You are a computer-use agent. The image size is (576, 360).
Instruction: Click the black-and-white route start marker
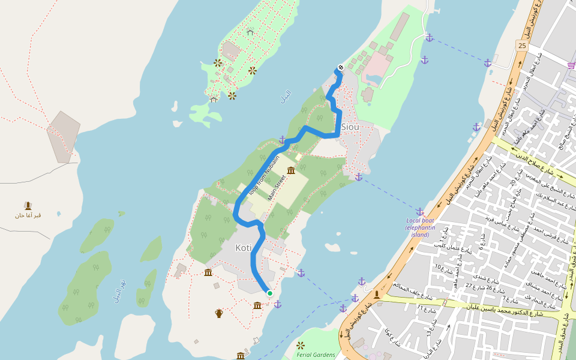[x=340, y=68]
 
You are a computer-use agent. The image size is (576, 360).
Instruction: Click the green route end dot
[x=270, y=293]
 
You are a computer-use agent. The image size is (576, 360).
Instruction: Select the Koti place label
[x=244, y=248]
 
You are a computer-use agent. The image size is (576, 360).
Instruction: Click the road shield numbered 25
[x=521, y=45]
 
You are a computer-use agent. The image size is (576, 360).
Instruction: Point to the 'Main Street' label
[x=275, y=187]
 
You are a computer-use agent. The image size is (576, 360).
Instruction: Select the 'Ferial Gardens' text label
[x=316, y=355]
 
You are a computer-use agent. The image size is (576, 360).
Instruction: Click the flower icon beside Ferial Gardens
[x=301, y=345]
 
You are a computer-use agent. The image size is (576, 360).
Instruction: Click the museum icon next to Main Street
[x=291, y=171]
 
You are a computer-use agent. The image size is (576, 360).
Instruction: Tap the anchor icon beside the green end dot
[x=278, y=304]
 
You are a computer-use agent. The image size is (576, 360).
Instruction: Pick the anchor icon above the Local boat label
[x=420, y=211]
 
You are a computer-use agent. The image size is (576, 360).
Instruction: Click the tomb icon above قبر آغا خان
[x=28, y=206]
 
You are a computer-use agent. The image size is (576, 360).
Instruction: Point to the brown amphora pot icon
[x=220, y=313]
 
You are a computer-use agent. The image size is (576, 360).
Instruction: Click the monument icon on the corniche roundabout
[x=377, y=295]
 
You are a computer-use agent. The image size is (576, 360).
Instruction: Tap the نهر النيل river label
[x=120, y=290]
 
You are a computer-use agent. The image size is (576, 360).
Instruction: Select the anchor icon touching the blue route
[x=282, y=140]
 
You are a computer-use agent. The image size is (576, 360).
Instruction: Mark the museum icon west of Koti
[x=208, y=273]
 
